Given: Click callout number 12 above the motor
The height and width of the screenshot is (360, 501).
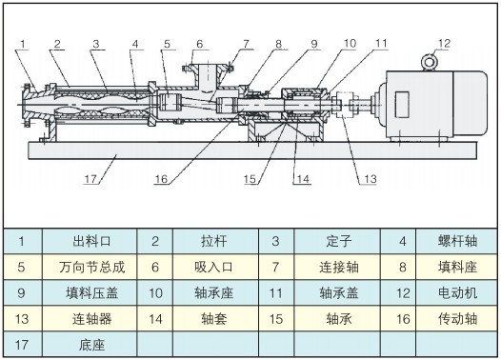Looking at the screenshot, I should tap(445, 42).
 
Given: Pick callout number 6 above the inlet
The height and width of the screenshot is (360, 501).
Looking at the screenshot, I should tap(199, 44).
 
